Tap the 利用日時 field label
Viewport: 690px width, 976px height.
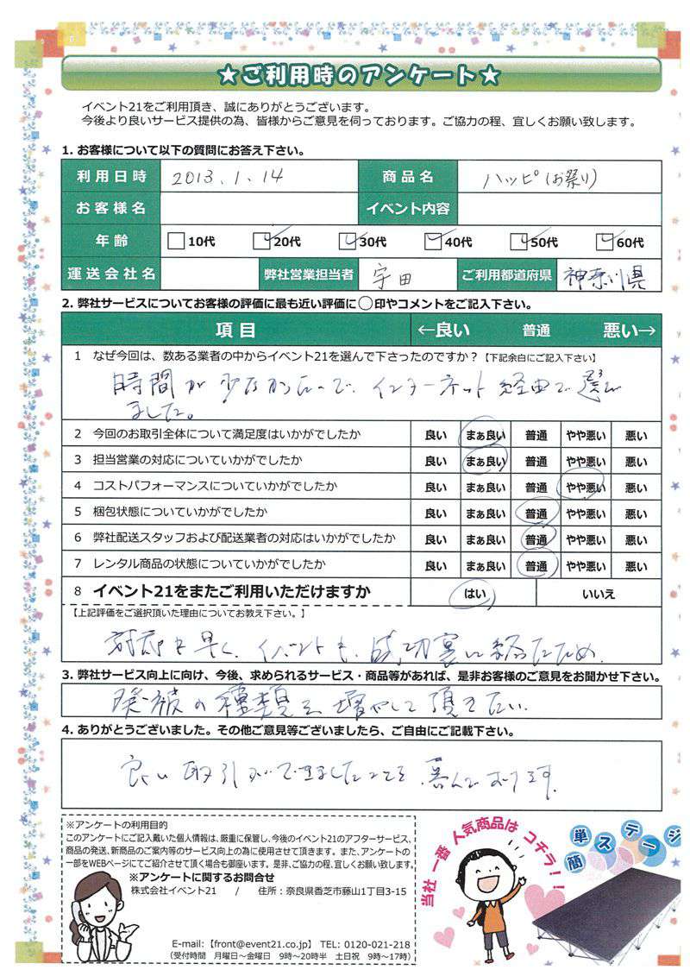110,177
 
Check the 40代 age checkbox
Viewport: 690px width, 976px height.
434,242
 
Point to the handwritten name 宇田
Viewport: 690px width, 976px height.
393,275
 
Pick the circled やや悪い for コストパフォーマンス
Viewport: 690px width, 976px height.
586,488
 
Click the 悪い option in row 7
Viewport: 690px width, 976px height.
636,567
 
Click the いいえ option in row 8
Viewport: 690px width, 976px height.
599,594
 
